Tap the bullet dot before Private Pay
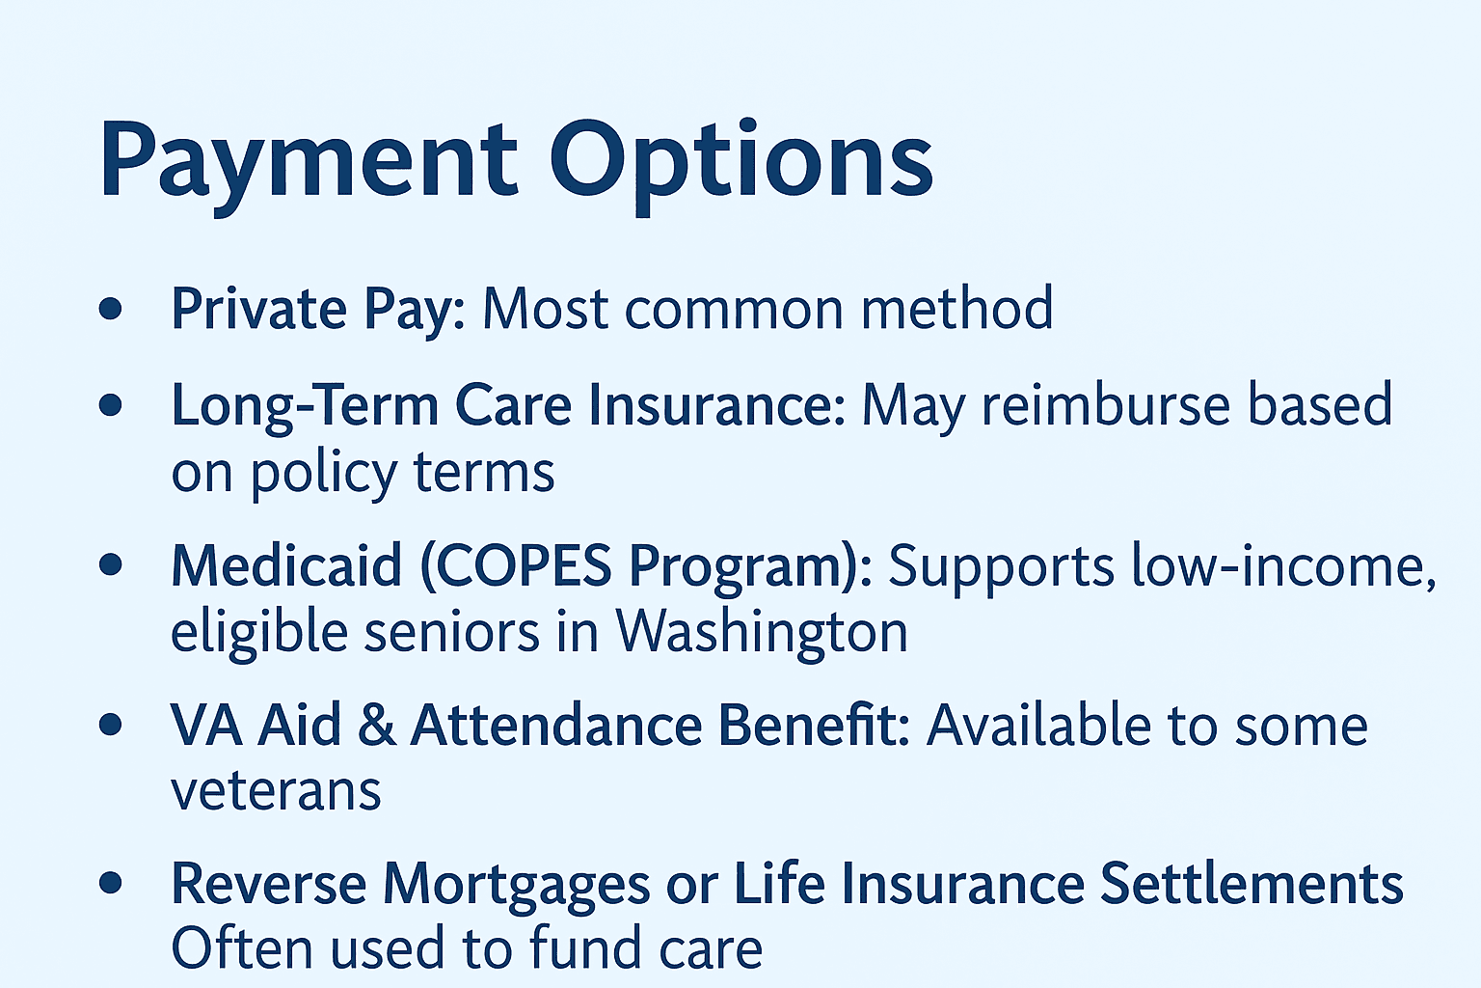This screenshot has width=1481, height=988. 111,309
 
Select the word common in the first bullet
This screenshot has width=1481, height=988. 734,309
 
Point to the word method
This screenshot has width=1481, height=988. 956,307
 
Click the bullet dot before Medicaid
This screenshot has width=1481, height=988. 111,564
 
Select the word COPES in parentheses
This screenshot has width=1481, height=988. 516,565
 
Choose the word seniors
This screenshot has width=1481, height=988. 451,633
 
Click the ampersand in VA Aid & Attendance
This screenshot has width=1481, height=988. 376,726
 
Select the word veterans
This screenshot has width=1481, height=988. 276,791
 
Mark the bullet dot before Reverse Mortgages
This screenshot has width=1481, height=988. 111,883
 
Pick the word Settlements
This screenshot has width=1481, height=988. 1252,884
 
